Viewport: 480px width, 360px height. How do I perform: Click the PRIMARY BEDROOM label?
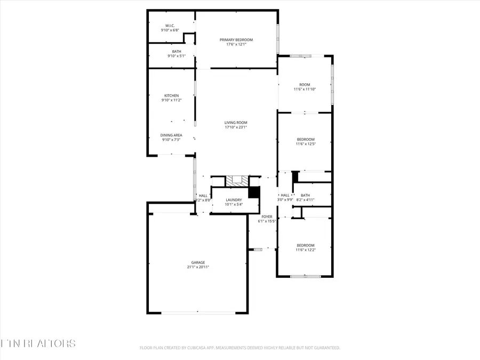[236, 39]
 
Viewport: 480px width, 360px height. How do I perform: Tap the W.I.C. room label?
[170, 26]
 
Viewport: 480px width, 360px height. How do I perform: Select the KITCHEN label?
[171, 95]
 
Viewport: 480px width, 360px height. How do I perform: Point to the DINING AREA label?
[171, 135]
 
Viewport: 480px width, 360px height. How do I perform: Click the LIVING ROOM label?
[236, 123]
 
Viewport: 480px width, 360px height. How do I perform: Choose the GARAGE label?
[198, 262]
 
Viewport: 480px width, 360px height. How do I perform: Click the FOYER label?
[267, 217]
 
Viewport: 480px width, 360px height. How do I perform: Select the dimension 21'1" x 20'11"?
[198, 267]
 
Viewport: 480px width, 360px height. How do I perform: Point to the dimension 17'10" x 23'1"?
[236, 127]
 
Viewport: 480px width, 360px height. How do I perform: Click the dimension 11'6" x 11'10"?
[305, 89]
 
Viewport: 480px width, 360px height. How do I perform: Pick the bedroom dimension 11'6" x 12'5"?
[306, 144]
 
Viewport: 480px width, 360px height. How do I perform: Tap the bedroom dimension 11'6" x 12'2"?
[306, 250]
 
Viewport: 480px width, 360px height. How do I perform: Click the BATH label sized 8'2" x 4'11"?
[305, 195]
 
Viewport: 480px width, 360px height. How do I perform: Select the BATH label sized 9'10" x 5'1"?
[176, 51]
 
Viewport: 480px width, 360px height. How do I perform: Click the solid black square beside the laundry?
[254, 192]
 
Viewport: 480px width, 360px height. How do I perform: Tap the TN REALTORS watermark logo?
[38, 343]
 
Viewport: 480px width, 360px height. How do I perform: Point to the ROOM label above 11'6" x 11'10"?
[305, 84]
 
